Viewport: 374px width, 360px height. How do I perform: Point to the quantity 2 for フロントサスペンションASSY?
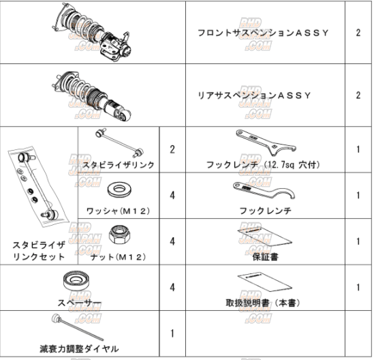pyautogui.click(x=358, y=32)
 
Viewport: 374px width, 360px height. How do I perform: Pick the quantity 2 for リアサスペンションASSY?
pyautogui.click(x=358, y=95)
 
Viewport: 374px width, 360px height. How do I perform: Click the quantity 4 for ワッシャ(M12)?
pyautogui.click(x=172, y=195)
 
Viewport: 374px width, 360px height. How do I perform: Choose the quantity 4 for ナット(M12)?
pyautogui.click(x=172, y=241)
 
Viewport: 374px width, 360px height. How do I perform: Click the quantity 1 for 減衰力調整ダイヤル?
pyautogui.click(x=172, y=333)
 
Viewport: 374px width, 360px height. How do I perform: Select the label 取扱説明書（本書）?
pyautogui.click(x=262, y=302)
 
